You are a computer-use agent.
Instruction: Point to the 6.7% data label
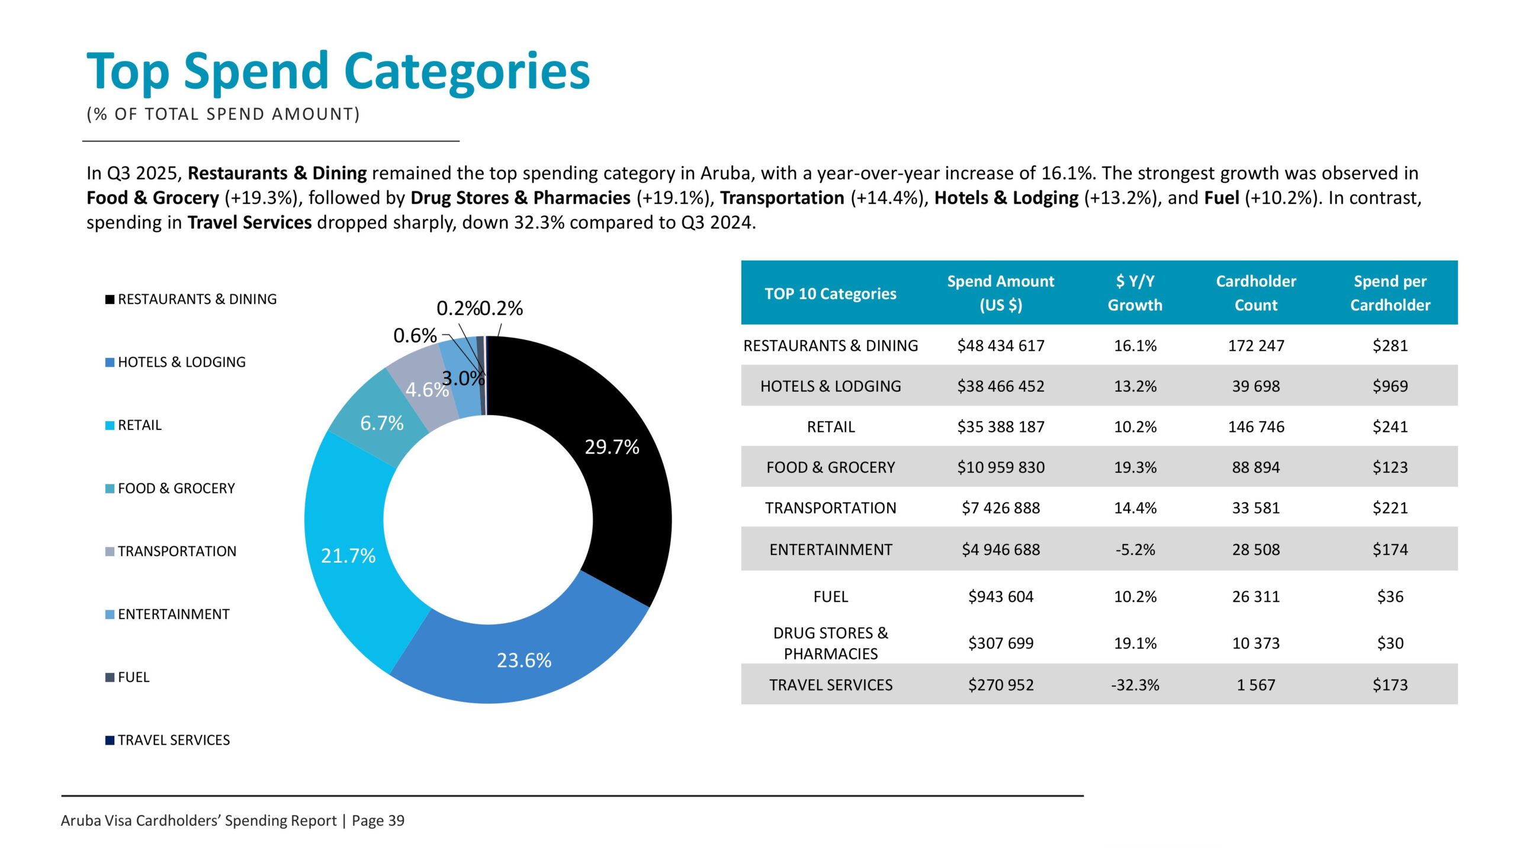pyautogui.click(x=381, y=423)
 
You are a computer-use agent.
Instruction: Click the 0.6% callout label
pyautogui.click(x=415, y=336)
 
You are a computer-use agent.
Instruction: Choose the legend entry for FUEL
pyautogui.click(x=133, y=677)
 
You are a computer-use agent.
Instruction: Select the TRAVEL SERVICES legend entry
pyautogui.click(x=174, y=740)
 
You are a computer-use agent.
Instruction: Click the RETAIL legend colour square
pyautogui.click(x=110, y=425)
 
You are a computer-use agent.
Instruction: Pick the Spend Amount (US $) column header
pyautogui.click(x=1000, y=293)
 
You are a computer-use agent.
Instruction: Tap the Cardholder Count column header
pyautogui.click(x=1255, y=293)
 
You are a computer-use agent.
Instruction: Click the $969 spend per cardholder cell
pyautogui.click(x=1389, y=386)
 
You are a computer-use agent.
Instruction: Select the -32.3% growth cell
pyautogui.click(x=1135, y=685)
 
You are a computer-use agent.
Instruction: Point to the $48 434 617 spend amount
pyautogui.click(x=1000, y=345)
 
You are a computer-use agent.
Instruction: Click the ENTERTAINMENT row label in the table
pyautogui.click(x=830, y=550)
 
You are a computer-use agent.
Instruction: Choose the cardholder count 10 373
pyautogui.click(x=1255, y=643)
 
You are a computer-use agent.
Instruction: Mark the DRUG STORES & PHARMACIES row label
pyautogui.click(x=830, y=643)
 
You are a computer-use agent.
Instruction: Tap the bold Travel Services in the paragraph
pyautogui.click(x=249, y=223)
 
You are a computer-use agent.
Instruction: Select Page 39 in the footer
pyautogui.click(x=378, y=820)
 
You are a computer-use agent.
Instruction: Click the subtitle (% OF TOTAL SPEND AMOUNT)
pyautogui.click(x=223, y=114)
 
